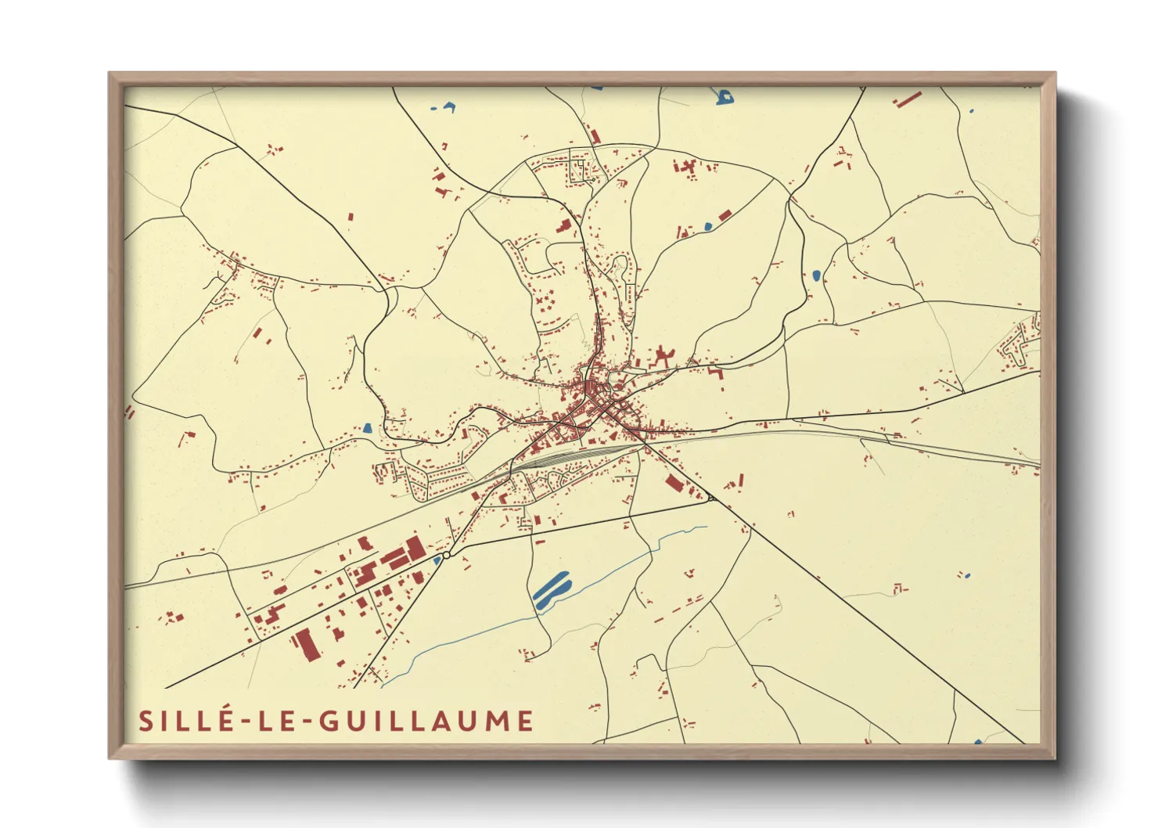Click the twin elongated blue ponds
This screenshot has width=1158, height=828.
[x=552, y=590]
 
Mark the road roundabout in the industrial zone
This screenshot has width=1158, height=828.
[x=446, y=555]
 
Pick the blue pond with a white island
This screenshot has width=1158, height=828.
[x=725, y=97]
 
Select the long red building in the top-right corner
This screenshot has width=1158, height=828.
[x=908, y=99]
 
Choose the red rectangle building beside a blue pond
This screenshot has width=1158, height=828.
[x=725, y=214]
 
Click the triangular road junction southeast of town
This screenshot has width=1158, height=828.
[x=710, y=497]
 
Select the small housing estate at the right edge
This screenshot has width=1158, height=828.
[x=1021, y=344]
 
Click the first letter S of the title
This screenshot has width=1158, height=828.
[x=146, y=721]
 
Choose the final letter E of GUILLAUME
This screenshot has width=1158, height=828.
[x=525, y=721]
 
